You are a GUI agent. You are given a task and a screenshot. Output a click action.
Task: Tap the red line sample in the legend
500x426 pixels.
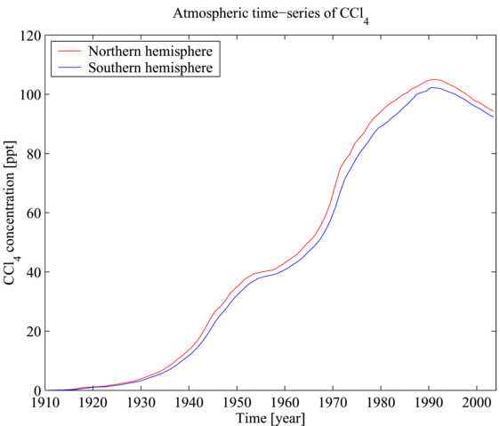coord(69,51)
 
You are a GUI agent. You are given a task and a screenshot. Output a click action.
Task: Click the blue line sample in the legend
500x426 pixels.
coord(69,68)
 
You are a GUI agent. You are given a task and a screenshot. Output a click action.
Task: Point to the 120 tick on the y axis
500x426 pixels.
coord(30,36)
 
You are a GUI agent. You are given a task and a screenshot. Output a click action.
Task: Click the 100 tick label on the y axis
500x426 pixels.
coord(30,94)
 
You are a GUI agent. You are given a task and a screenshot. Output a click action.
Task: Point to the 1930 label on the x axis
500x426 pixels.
coord(140,403)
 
